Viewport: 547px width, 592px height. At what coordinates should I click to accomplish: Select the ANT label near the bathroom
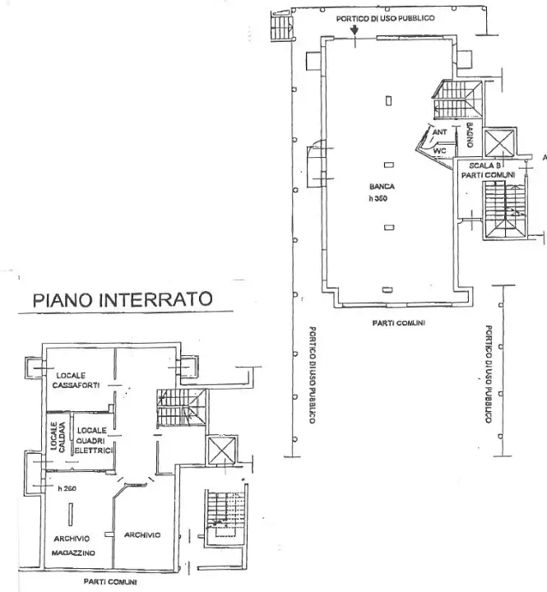(439, 132)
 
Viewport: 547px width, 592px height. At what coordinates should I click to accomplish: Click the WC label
(440, 150)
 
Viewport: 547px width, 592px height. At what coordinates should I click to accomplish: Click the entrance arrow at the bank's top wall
(354, 30)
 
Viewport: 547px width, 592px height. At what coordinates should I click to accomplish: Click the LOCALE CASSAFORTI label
(76, 380)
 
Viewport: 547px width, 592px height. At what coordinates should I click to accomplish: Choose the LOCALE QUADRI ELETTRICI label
(95, 440)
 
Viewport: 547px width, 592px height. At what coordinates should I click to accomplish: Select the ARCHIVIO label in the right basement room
(142, 535)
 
